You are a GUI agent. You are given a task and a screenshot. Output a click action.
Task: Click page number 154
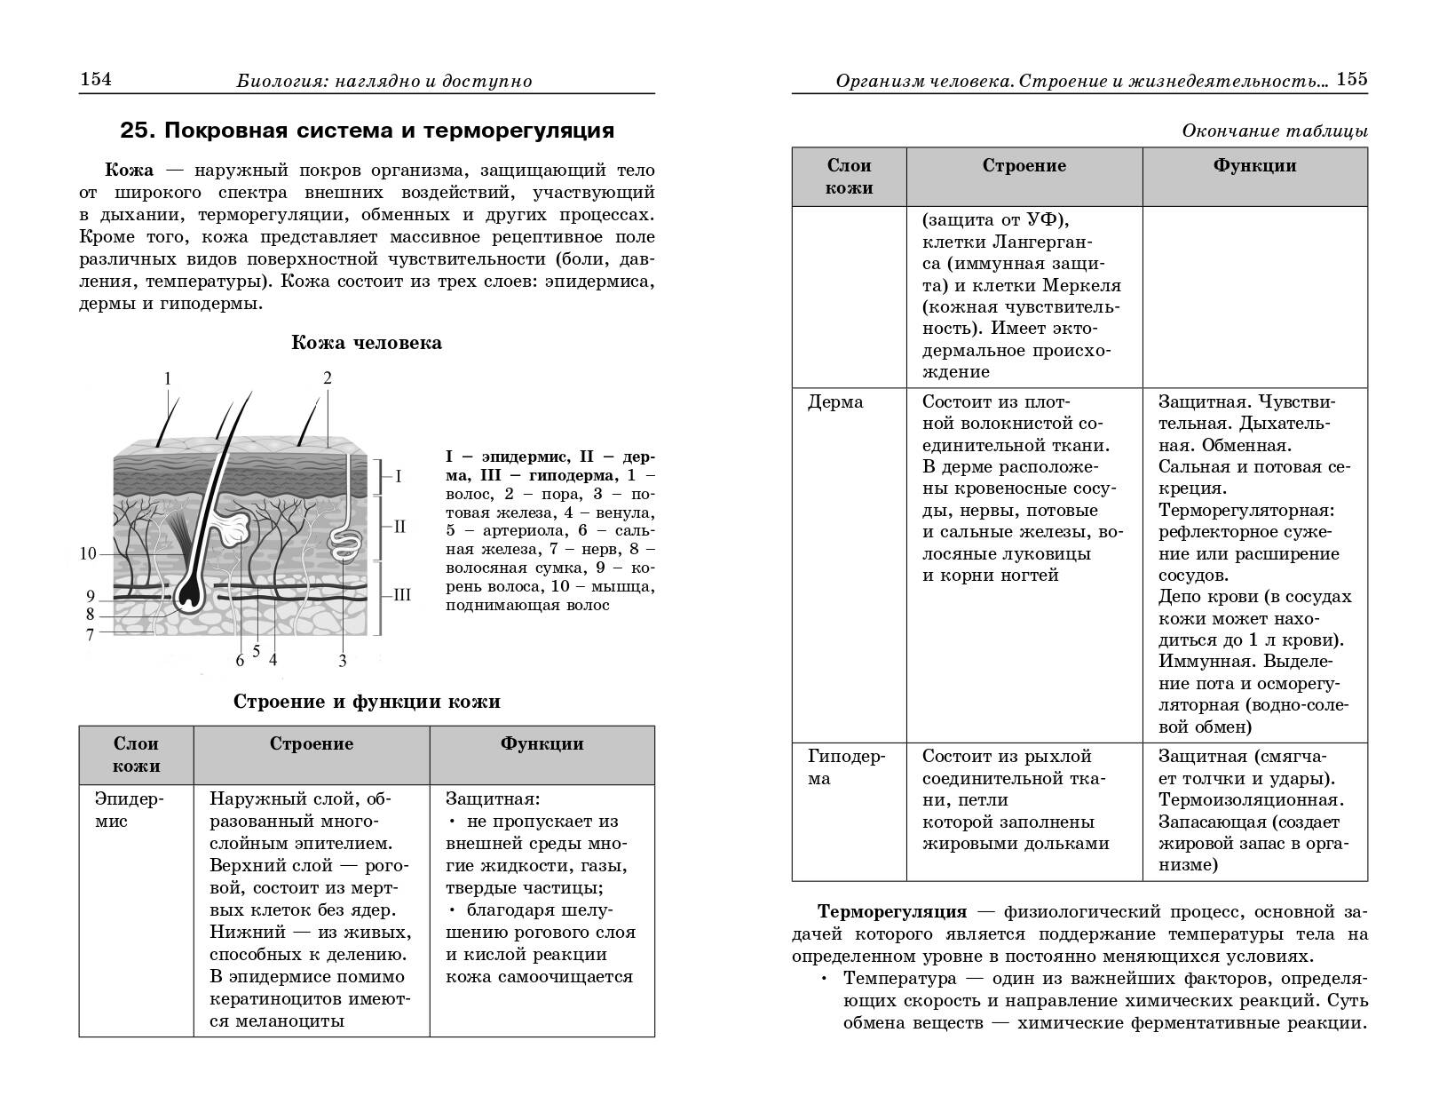pos(96,80)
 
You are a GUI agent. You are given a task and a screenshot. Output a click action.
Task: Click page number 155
pos(1352,79)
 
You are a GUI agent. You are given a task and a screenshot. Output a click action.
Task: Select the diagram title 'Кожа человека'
pos(367,343)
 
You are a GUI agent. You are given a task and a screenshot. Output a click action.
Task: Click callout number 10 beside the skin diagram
pos(88,554)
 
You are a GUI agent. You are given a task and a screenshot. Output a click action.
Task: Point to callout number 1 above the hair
pos(168,379)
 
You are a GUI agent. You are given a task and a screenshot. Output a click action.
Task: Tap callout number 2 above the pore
pos(328,378)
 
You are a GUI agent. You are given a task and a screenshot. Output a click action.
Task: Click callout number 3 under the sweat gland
pos(343,660)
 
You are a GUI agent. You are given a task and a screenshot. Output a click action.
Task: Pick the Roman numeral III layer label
pos(402,595)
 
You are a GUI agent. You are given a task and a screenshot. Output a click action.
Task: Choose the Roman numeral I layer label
pos(399,477)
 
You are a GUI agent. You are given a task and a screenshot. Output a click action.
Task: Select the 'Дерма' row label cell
pos(835,402)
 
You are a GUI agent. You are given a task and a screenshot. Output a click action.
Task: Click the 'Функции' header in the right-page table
pos(1254,166)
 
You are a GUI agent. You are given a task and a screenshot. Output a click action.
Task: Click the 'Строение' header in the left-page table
pos(312,744)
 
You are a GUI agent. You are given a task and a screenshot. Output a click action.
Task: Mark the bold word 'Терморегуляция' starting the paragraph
pos(892,912)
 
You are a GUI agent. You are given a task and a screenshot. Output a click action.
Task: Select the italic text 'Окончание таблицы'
pos(1274,131)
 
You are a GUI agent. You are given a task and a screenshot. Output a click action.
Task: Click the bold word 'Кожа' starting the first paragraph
pos(130,170)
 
